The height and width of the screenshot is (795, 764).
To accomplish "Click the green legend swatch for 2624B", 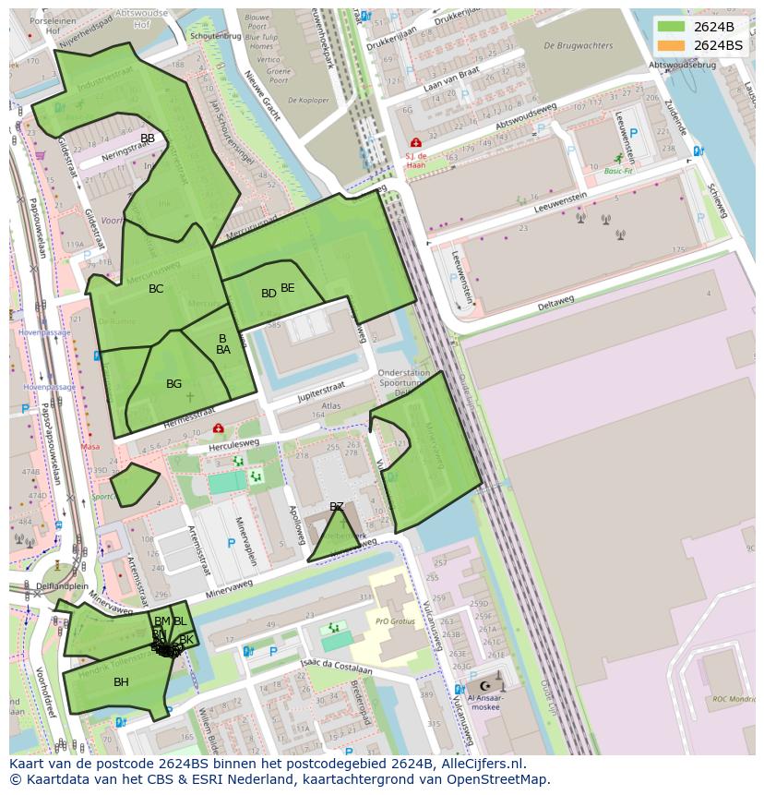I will (x=672, y=27).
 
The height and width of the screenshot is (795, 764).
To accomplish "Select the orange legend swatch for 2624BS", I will (x=672, y=44).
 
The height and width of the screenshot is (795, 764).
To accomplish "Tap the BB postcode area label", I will (x=148, y=139).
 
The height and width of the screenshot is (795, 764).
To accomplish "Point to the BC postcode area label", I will (x=156, y=289).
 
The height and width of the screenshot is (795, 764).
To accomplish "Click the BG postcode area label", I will (x=173, y=384).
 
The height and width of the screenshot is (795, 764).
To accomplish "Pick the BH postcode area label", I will (x=121, y=682).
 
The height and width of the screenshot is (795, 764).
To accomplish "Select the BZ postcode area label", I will (x=337, y=507).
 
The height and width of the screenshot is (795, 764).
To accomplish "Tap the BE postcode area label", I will (x=288, y=288).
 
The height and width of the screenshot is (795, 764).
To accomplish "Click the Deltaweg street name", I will (x=555, y=300).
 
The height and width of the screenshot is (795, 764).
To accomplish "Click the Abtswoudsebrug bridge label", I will (x=682, y=66).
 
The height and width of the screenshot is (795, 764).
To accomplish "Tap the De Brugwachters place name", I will (x=578, y=45).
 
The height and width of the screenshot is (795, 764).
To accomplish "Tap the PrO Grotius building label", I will (x=397, y=621).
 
